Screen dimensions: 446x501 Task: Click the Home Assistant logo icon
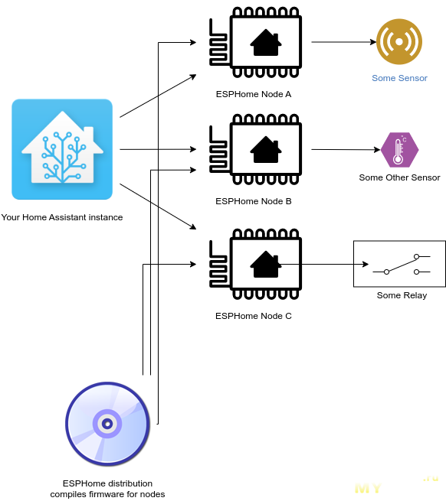[x=62, y=149]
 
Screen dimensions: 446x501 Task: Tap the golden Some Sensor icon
[x=399, y=41]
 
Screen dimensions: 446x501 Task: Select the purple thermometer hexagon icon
[x=399, y=150]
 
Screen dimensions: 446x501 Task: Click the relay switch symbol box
[x=399, y=264]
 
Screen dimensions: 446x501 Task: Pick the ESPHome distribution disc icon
[x=107, y=424]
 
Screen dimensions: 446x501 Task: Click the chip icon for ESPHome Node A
[x=255, y=42]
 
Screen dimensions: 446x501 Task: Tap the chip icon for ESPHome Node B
[x=255, y=149]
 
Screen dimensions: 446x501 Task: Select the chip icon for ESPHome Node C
[x=255, y=264]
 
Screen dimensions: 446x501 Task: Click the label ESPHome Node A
[x=253, y=94]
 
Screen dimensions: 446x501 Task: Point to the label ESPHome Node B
[x=253, y=201]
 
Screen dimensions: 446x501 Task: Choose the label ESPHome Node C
[x=253, y=316]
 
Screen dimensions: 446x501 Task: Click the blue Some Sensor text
[x=399, y=78]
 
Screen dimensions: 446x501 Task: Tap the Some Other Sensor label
[x=399, y=177]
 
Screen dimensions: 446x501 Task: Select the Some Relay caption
[x=402, y=295]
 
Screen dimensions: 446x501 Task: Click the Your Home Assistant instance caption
[x=62, y=217]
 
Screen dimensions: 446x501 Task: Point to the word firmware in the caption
[x=107, y=494]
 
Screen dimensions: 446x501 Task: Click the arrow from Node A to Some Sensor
[x=344, y=42]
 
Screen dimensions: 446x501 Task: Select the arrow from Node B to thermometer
[x=346, y=149]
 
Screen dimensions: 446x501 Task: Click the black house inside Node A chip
[x=266, y=43]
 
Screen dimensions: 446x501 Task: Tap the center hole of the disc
[x=107, y=424]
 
